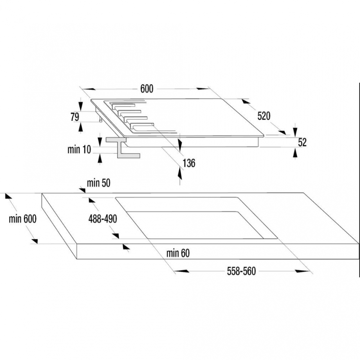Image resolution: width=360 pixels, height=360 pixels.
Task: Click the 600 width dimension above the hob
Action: pos(147,89)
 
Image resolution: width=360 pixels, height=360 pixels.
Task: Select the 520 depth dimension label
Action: pos(264,116)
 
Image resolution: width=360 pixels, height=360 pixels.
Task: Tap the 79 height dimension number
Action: pos(75,117)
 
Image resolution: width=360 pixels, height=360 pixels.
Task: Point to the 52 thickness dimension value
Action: pos(302,143)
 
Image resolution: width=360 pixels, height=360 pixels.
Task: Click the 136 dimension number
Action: pos(189,163)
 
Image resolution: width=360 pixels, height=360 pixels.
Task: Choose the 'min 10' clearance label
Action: pos(79,150)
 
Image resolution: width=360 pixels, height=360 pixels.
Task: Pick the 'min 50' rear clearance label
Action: pos(98,183)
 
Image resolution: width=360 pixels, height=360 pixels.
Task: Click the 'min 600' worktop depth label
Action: pos(22,219)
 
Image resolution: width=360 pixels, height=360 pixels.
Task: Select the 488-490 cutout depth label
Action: pos(102,219)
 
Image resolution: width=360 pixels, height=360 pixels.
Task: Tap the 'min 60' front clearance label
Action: pos(178,253)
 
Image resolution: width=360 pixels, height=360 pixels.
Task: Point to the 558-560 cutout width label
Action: pos(241,271)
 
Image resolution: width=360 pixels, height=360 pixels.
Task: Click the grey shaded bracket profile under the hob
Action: pos(123,147)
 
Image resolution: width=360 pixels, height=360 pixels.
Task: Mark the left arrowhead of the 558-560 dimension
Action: pos(181,271)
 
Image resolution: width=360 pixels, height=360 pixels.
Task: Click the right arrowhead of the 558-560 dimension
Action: pos(302,271)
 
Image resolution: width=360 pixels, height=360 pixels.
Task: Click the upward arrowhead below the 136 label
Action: pos(180,173)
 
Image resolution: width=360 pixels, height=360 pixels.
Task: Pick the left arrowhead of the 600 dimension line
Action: pos(88,89)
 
